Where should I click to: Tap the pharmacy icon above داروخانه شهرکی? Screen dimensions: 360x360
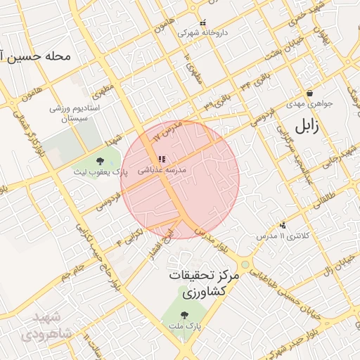[x=202, y=22]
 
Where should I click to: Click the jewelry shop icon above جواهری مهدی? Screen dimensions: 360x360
[x=309, y=93]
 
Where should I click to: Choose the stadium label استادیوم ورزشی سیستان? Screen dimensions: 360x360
[x=75, y=114]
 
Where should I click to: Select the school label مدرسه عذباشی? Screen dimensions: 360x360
[x=162, y=169]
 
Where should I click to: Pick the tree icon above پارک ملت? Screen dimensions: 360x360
[x=184, y=316]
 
